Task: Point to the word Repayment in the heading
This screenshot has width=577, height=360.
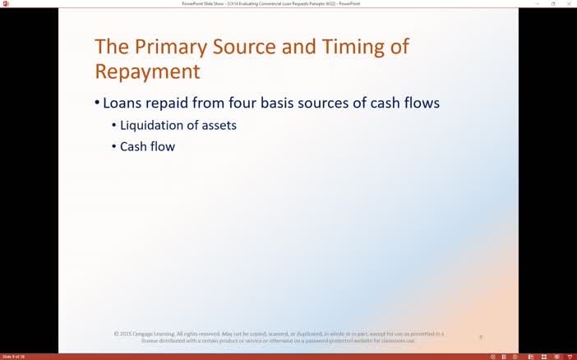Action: pos(147,72)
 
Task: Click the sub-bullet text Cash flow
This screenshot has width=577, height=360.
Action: pos(147,147)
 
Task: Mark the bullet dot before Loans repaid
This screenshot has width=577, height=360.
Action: pos(96,104)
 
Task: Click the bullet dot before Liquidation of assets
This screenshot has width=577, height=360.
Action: pos(113,126)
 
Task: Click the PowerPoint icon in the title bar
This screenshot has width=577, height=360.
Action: pos(5,3)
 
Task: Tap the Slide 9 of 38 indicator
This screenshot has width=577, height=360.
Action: pos(14,357)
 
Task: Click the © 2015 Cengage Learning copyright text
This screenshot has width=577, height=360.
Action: pos(279,334)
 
